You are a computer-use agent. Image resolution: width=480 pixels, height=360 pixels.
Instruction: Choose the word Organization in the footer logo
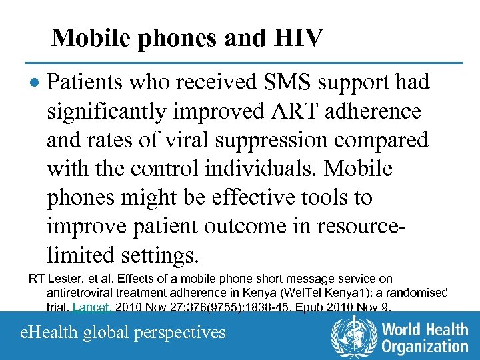(x=425, y=346)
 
